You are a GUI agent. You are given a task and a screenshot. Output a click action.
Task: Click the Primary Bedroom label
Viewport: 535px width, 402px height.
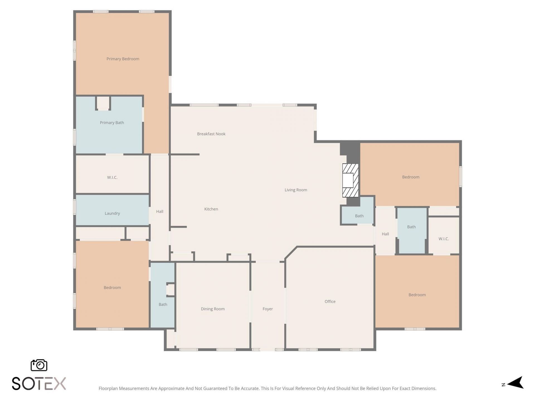(x=123, y=59)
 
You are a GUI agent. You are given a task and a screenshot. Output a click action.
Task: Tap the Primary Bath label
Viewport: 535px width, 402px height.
(x=112, y=123)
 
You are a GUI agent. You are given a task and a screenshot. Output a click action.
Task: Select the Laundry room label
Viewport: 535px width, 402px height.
(x=112, y=213)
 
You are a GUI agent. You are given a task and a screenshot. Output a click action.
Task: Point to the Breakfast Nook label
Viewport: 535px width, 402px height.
(x=211, y=134)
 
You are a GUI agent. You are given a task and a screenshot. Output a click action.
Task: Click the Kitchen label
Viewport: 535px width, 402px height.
(x=211, y=209)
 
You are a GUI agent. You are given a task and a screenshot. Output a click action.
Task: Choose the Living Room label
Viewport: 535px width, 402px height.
(x=296, y=190)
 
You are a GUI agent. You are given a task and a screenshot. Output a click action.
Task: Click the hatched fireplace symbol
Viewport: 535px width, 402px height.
(x=350, y=180)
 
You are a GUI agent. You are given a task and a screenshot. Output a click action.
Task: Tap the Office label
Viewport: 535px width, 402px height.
(x=330, y=301)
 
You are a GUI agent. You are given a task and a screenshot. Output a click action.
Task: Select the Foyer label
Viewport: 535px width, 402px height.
(x=267, y=309)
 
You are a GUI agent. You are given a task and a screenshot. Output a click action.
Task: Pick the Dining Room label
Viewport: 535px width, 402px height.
(x=213, y=309)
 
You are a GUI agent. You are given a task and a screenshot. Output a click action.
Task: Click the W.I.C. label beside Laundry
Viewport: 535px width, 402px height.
(x=112, y=177)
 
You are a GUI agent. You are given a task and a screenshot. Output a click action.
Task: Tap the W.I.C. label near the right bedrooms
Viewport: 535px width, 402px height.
(x=444, y=239)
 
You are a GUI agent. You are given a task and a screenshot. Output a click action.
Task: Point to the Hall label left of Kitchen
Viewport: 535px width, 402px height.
(x=160, y=211)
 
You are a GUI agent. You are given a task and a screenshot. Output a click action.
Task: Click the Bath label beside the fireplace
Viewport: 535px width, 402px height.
(x=359, y=216)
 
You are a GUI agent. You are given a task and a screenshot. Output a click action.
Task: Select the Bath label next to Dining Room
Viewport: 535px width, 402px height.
(x=163, y=304)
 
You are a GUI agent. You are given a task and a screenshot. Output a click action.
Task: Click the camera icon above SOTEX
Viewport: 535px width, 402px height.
(x=39, y=365)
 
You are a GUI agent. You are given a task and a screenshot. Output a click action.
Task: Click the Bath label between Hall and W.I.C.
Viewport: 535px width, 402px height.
(x=411, y=227)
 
